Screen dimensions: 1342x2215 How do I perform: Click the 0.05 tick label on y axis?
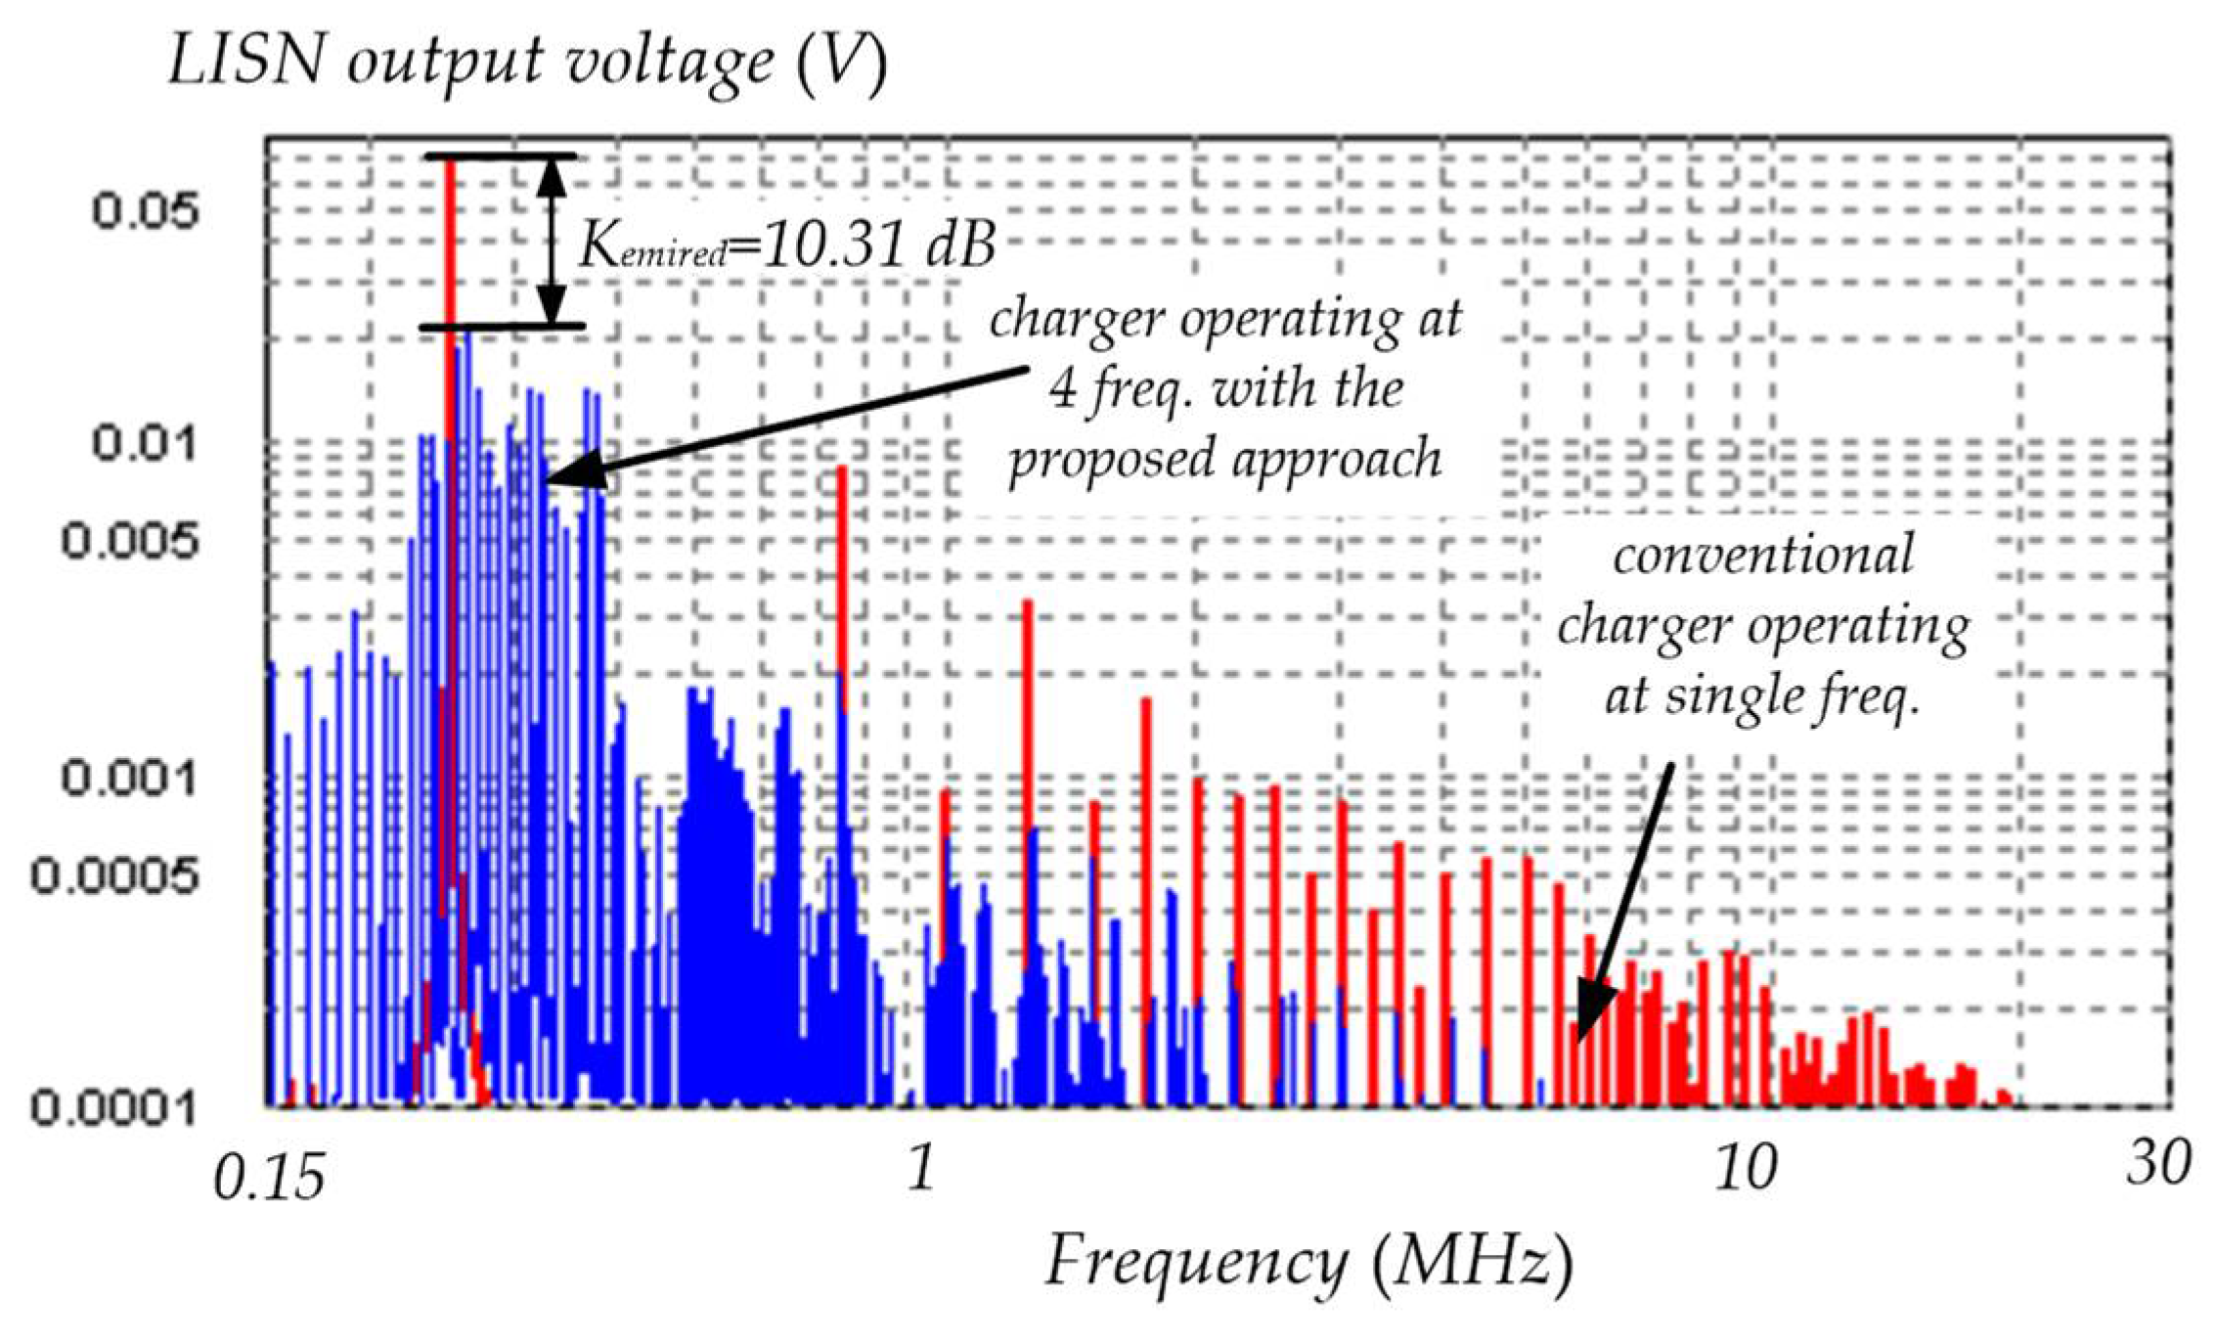[145, 211]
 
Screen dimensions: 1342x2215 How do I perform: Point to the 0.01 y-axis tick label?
[145, 443]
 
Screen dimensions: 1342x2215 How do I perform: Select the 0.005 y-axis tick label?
[129, 540]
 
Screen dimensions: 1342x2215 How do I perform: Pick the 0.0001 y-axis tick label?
[115, 1107]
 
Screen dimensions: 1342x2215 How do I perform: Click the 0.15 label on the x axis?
[268, 1181]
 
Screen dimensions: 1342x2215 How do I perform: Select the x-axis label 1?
[920, 1166]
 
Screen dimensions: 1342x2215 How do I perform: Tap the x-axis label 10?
[1745, 1168]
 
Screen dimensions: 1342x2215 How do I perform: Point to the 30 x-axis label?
[2157, 1164]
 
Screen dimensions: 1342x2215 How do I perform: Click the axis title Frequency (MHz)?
[1308, 1262]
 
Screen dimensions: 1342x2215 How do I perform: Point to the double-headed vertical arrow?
[553, 242]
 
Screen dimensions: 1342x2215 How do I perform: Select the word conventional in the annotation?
[1762, 556]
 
